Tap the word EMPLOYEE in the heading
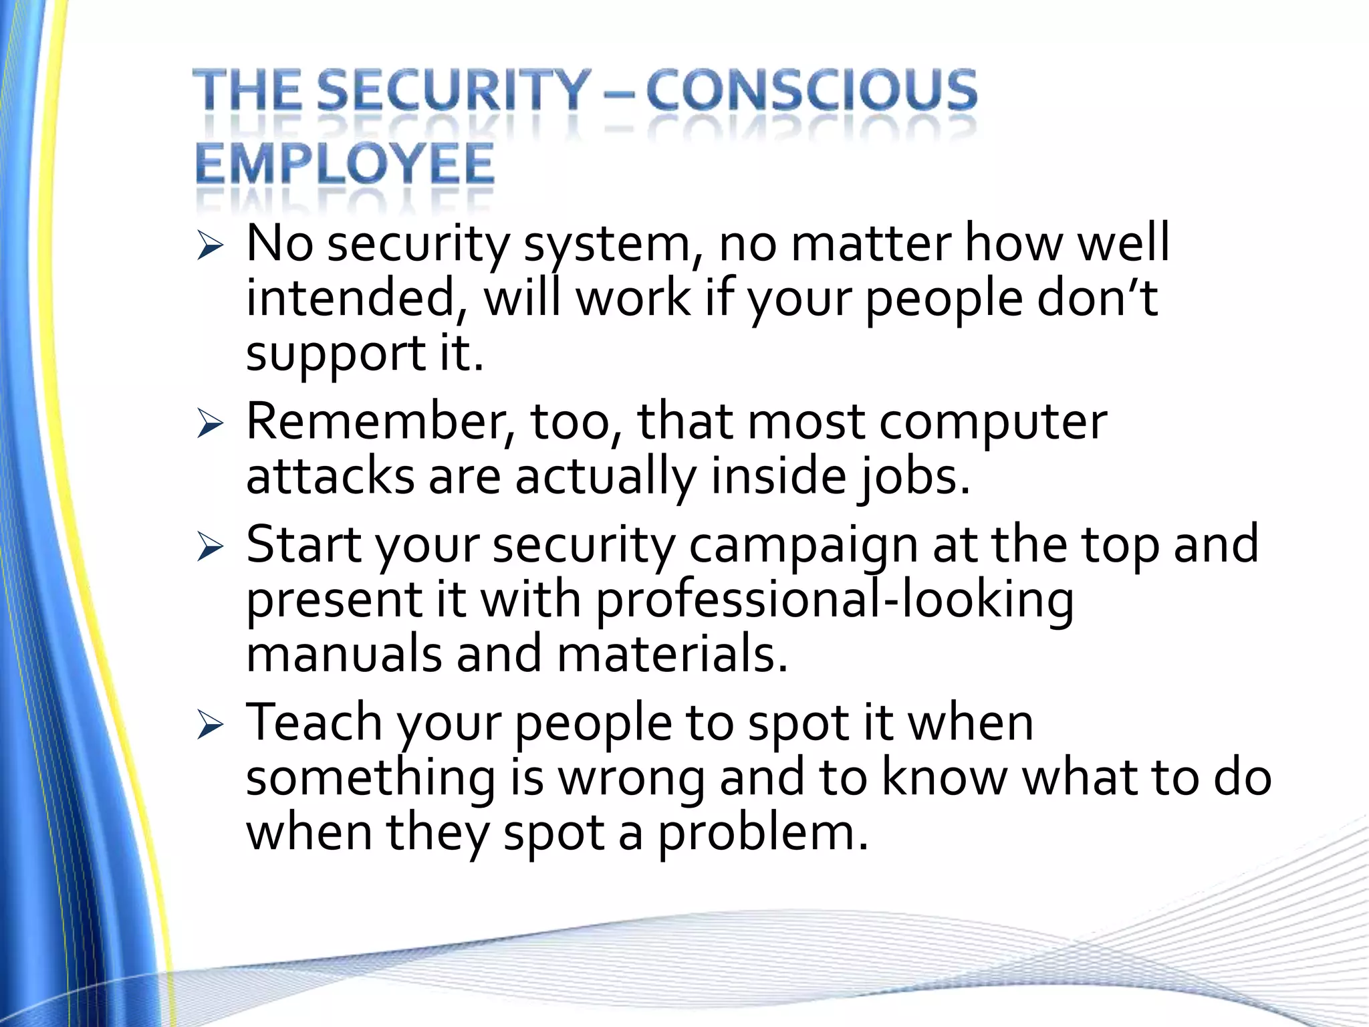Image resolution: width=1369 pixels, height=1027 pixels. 345,164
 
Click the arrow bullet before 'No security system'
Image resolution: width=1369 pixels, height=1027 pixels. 210,247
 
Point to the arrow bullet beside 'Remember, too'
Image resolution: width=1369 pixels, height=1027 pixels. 210,425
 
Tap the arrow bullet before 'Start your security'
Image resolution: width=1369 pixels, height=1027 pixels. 210,548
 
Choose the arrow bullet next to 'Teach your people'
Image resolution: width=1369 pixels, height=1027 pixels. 210,725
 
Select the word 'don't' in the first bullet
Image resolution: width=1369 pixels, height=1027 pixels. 1097,298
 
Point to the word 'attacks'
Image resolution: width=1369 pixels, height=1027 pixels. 331,477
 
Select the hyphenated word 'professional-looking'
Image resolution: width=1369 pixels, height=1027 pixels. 834,600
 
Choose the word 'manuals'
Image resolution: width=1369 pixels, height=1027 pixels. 344,655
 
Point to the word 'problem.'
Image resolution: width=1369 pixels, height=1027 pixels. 763,835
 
